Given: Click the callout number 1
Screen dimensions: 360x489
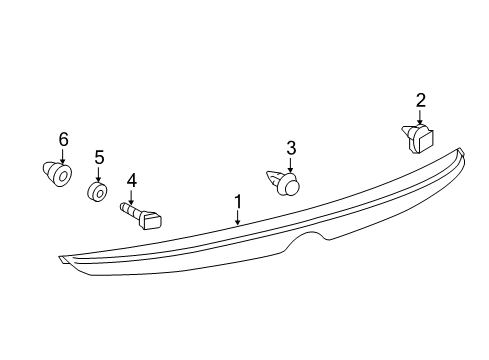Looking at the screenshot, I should click(238, 202).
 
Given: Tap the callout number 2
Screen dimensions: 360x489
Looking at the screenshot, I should click(421, 99).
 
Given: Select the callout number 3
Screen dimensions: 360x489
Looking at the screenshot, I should click(291, 148).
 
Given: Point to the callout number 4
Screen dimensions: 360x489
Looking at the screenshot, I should click(131, 180).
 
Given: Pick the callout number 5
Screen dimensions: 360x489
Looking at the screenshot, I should click(99, 157).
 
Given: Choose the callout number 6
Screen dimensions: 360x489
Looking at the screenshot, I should click(63, 138).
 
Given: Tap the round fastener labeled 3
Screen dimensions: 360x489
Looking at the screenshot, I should click(288, 184).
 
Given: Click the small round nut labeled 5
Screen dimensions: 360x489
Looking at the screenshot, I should click(98, 191).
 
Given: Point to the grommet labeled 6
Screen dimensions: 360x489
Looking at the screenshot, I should click(58, 175).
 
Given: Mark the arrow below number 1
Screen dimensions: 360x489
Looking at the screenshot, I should click(238, 219).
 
